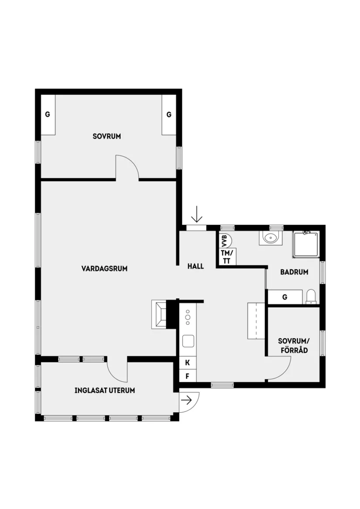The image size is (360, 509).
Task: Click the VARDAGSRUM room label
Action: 104,268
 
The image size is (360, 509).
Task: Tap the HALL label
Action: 195,266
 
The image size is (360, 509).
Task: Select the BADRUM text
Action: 294,272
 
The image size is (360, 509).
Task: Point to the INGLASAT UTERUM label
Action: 104,390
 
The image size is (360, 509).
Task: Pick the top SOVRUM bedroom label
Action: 106,136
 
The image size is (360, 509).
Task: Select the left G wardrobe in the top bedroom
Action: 48,115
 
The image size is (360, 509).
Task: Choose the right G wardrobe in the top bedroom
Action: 168,115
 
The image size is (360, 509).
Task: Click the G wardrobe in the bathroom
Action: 285,297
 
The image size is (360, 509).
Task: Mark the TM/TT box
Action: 227,257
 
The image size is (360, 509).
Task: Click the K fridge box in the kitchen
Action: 188,362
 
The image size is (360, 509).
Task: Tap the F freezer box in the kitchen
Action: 188,375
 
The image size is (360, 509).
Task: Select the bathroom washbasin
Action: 271,238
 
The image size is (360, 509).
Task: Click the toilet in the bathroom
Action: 311,296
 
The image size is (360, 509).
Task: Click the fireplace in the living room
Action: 160,313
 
